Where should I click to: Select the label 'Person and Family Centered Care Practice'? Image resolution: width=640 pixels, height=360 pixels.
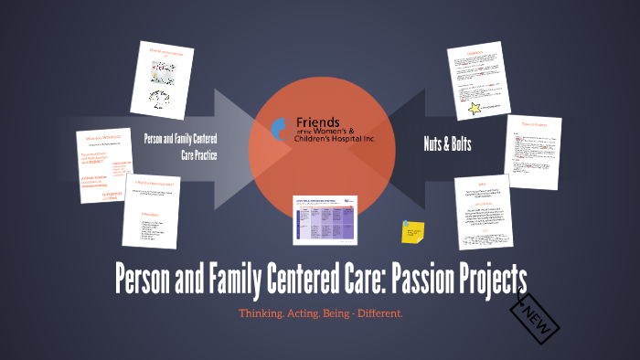[180, 144]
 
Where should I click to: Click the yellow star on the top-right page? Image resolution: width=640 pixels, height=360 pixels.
[476, 110]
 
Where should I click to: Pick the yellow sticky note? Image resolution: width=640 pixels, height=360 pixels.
[412, 231]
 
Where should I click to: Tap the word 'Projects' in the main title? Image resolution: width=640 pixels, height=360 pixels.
[485, 277]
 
